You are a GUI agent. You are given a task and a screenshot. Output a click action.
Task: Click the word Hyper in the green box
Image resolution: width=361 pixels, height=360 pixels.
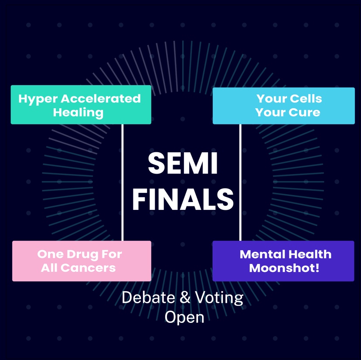point(36,99)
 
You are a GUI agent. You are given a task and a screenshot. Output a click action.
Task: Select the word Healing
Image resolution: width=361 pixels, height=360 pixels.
point(78,113)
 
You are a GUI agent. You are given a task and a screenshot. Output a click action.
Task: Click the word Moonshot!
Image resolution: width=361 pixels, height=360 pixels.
point(284,267)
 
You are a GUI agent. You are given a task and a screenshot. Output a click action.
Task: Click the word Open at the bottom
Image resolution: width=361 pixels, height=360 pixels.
point(184,317)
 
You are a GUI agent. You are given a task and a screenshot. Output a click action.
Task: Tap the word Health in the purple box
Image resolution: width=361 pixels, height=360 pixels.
point(311,254)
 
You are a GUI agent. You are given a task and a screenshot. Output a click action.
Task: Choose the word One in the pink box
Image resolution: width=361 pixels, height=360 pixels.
point(48,254)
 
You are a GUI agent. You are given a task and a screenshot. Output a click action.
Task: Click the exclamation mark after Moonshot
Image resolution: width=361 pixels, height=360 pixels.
point(317,267)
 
